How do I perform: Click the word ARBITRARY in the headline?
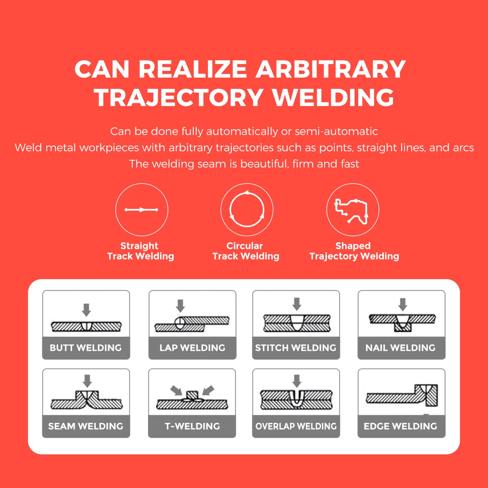pos(330,69)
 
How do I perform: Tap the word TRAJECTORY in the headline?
pos(179,98)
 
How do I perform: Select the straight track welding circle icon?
pos(142,210)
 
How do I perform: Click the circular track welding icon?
pos(247,210)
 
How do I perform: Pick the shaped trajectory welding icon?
pos(353,210)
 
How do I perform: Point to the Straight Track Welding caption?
pos(140,251)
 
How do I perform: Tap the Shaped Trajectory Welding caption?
pos(354,251)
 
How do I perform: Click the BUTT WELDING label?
pos(86,348)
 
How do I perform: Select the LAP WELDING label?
pos(192,348)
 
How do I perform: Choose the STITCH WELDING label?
pos(296,348)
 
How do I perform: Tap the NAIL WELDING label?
pos(401,348)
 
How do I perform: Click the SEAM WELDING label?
pos(86,426)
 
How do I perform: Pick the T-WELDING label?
pos(192,426)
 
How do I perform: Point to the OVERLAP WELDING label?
pos(296,426)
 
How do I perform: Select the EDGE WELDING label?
pos(401,426)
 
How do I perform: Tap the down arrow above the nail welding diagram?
pos(403,304)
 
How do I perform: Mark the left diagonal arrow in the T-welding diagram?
pos(176,390)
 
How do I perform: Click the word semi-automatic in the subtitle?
pos(336,131)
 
